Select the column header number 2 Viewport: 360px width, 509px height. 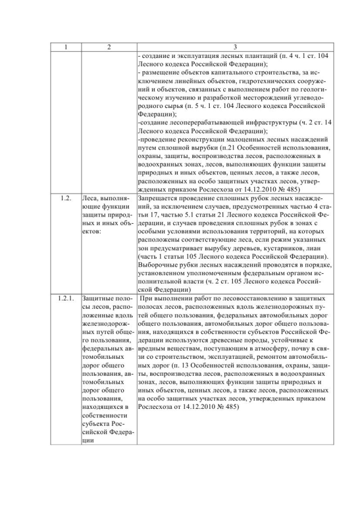[109, 48]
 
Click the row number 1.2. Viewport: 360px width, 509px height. [65, 199]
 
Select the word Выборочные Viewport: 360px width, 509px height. [157, 265]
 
